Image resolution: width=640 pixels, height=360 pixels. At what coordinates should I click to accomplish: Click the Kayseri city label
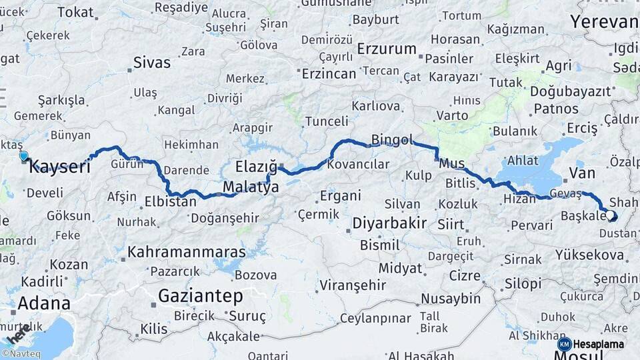tap(60, 167)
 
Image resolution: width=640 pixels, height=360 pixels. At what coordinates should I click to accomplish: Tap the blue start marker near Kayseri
tap(24, 157)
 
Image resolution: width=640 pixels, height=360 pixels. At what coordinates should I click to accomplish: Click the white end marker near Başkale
tap(611, 215)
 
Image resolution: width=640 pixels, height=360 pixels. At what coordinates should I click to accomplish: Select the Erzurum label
tap(387, 49)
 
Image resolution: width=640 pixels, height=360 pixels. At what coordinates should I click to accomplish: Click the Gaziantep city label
tap(200, 295)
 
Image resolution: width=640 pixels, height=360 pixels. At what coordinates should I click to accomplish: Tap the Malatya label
tap(251, 187)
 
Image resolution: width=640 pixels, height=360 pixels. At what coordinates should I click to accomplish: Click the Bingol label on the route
tap(392, 140)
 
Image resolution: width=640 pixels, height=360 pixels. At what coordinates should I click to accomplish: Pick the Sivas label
tap(152, 63)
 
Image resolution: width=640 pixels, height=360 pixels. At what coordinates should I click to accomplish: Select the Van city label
tap(582, 173)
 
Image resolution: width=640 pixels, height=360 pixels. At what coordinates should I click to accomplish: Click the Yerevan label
tap(604, 21)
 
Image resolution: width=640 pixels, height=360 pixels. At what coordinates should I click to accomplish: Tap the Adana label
tap(43, 303)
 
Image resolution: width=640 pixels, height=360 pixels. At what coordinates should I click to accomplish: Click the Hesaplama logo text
tap(598, 344)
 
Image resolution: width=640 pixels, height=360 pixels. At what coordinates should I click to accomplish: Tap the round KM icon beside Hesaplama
tap(565, 344)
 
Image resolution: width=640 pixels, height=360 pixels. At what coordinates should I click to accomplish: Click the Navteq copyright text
tap(21, 354)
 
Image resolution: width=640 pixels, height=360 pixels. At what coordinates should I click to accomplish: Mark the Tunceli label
tap(327, 121)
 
